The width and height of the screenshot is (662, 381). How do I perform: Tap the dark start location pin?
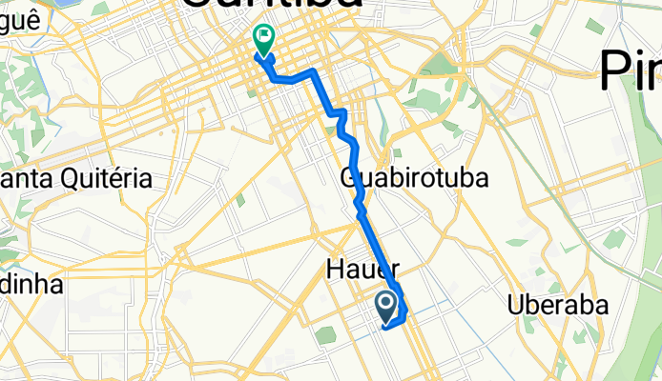(x=386, y=305)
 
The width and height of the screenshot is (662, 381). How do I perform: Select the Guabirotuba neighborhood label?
(x=414, y=178)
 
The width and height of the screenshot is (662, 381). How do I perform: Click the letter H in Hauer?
(x=333, y=270)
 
